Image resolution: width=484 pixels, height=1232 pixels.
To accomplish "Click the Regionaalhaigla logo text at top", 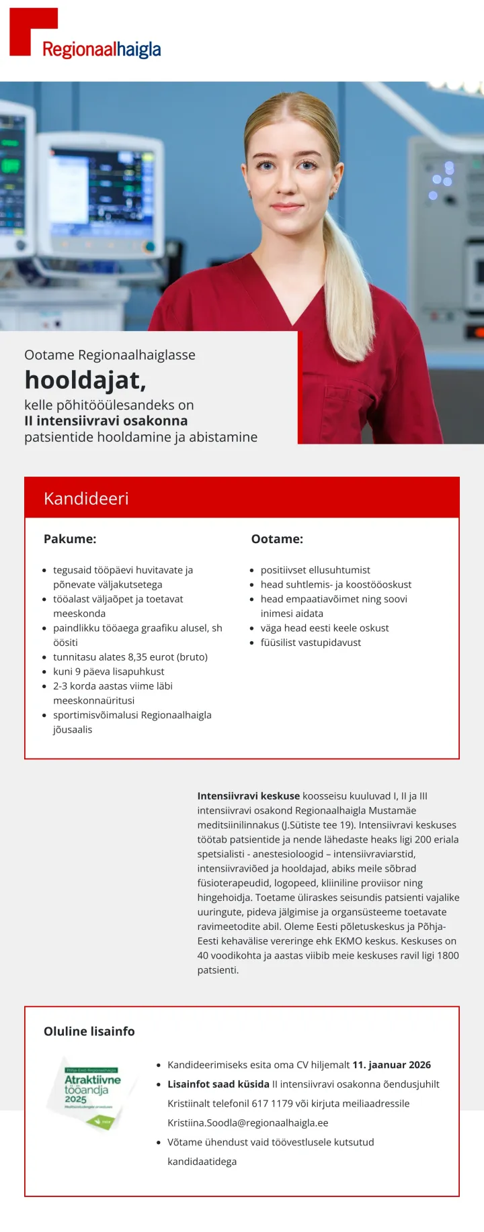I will pos(102,49).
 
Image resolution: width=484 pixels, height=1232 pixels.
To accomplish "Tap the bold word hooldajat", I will pos(85,380).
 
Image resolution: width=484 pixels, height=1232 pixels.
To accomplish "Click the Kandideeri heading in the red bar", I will pos(86,498).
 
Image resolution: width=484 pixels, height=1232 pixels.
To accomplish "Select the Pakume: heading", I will pos(70,538).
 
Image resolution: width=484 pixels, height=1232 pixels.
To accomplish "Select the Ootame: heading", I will pos(277,538).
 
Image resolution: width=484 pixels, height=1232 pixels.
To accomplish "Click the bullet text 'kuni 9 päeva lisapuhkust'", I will pos(108,671).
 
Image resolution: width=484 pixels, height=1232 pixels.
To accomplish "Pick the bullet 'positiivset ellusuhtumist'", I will pos(315,570).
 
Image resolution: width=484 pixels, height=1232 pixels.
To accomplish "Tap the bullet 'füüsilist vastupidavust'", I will pos(311,643).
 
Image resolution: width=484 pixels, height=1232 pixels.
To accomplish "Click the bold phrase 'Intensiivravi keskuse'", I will pos(248,796).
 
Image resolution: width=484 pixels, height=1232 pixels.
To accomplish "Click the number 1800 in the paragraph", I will pos(448,955).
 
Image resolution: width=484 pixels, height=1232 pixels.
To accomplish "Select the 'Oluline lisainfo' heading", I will pos(89,1031).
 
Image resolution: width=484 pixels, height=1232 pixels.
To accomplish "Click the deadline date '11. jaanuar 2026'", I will pos(392,1065).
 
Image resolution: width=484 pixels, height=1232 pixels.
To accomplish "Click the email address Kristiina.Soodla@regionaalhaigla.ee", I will pos(248,1123).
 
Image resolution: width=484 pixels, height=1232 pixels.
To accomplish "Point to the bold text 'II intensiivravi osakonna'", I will pos(106,421).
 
